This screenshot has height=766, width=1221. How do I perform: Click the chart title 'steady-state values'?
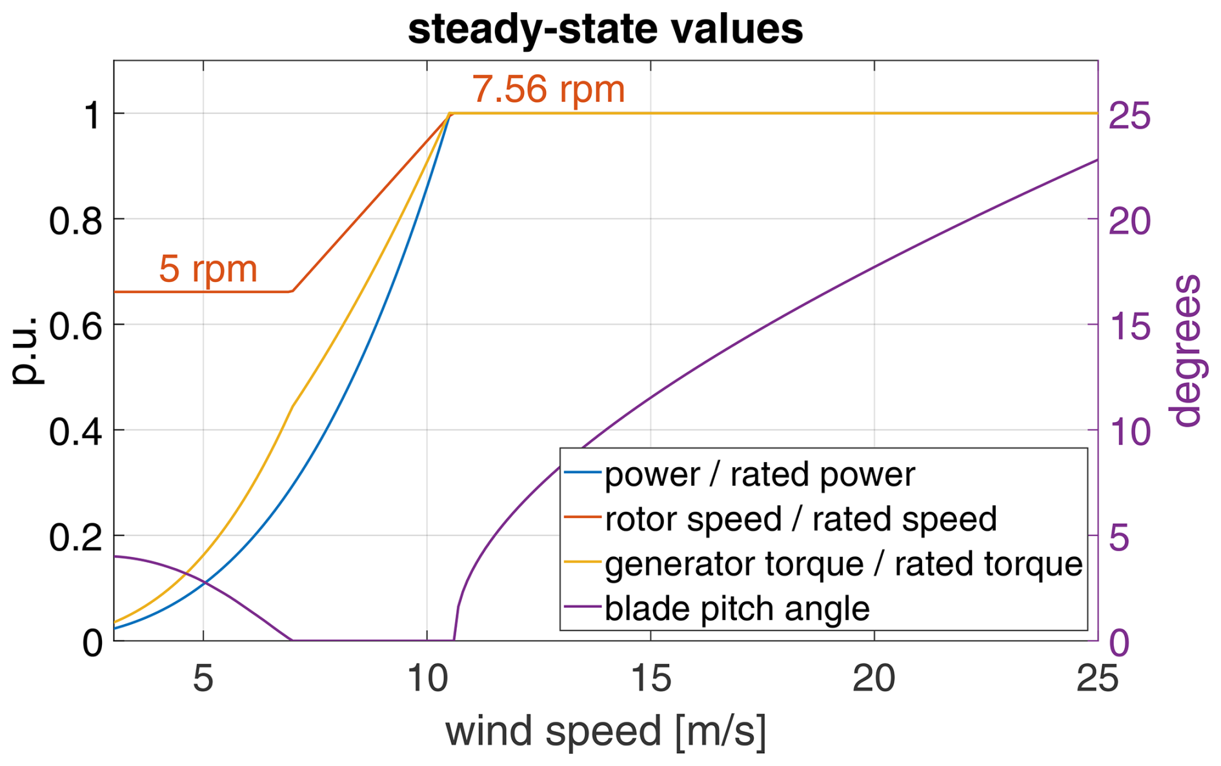(x=605, y=29)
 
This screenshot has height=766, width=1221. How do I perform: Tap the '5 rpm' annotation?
(x=208, y=268)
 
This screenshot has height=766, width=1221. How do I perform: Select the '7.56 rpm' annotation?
(x=548, y=88)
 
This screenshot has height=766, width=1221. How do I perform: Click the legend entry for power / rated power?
(x=759, y=474)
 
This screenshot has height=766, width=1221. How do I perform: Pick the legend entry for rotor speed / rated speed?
(x=800, y=519)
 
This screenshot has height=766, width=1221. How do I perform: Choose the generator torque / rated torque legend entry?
(x=843, y=564)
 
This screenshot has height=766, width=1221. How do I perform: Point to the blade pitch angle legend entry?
(x=736, y=609)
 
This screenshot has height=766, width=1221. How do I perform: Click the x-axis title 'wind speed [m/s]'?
(x=605, y=731)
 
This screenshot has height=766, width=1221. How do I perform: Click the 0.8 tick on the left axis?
(x=76, y=221)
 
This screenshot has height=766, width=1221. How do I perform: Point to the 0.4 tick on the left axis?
(x=76, y=431)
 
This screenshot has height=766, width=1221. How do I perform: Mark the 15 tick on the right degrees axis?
(x=1129, y=326)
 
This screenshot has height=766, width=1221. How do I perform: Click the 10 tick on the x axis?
(x=427, y=679)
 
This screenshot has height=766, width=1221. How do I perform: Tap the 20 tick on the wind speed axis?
(x=874, y=679)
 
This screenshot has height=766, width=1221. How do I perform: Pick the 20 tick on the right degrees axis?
(x=1129, y=221)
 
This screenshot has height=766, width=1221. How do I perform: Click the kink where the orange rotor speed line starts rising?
(x=292, y=292)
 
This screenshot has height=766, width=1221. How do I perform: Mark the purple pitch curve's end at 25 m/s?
(x=1097, y=159)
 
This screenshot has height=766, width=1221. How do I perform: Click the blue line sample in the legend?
(x=582, y=472)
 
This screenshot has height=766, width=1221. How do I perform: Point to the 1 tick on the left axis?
(x=92, y=116)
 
